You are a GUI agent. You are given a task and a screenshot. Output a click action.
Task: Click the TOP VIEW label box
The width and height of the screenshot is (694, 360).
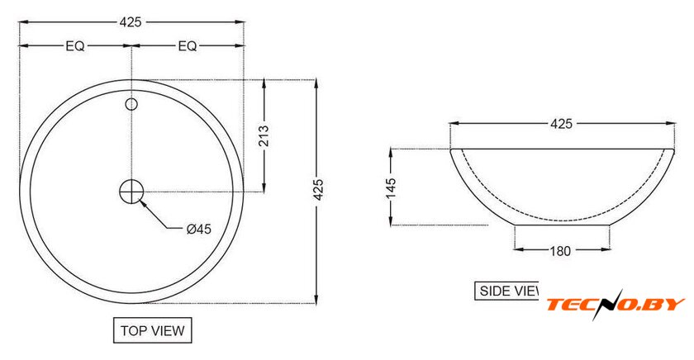pos(153,330)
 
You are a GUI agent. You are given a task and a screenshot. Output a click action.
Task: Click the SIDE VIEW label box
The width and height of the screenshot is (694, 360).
pos(506,291)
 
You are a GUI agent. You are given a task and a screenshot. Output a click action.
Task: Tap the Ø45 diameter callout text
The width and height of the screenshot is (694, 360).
pos(199,229)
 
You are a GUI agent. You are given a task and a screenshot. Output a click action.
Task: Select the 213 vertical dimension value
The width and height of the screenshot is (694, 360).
pos(264,135)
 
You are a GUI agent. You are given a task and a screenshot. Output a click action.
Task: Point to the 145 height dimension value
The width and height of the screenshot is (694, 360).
pos(391,189)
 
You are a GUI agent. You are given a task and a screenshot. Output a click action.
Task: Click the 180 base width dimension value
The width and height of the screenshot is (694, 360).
pos(560,251)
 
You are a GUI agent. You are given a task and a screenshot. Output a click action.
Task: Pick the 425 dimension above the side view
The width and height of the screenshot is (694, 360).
pos(561,124)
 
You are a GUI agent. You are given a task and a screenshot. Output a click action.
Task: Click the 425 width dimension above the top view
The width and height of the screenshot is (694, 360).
pos(131,22)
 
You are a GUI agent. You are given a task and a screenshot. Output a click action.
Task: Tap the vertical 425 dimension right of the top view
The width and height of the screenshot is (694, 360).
pos(318,190)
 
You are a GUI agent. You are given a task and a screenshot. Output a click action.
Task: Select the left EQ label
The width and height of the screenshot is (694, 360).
pos(75,46)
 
